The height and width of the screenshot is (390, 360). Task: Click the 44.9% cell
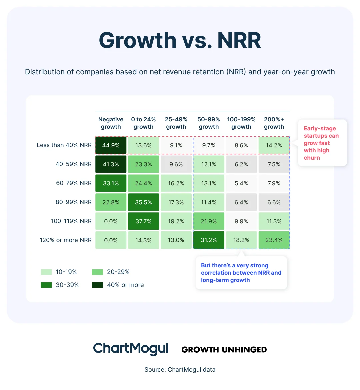tap(111, 145)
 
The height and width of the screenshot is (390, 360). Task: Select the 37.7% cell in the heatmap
tap(143, 221)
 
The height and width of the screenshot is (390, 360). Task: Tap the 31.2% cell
tap(209, 240)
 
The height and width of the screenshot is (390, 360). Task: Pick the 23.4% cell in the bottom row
tap(274, 240)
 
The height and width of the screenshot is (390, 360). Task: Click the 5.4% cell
tap(241, 183)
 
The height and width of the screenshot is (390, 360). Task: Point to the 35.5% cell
tap(143, 202)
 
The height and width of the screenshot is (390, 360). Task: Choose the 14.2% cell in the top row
tap(274, 145)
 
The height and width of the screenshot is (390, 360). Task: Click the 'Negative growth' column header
tap(111, 123)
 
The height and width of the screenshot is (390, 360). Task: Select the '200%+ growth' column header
tap(274, 123)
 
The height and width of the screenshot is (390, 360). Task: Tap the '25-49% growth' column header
tap(176, 123)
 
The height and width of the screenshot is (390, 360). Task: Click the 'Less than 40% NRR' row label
tap(64, 145)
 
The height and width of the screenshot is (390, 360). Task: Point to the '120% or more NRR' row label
tap(66, 240)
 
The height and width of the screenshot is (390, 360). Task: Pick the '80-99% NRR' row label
tap(74, 202)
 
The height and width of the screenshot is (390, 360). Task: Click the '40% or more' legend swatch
tap(98, 285)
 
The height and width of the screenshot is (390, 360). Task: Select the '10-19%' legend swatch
tap(46, 272)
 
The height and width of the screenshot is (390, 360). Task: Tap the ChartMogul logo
tap(131, 349)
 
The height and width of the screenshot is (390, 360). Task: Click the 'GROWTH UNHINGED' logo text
tap(224, 350)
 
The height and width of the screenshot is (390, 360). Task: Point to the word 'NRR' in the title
tap(239, 41)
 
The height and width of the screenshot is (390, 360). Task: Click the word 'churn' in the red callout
tap(312, 158)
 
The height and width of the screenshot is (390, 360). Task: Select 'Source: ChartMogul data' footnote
tap(180, 369)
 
